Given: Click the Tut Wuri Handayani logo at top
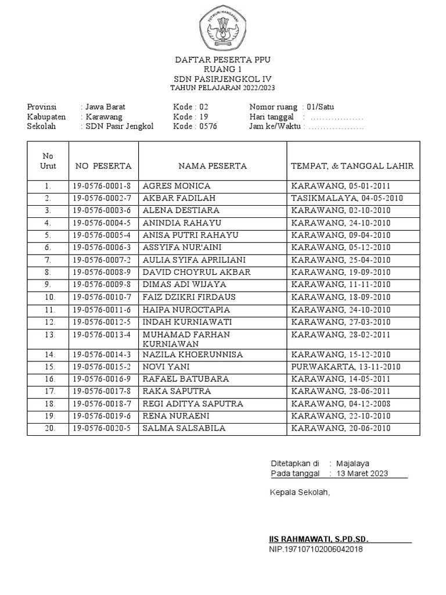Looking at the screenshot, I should click(x=223, y=28).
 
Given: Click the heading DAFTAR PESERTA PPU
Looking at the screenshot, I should click(x=223, y=60).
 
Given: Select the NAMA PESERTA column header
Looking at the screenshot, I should click(x=213, y=166).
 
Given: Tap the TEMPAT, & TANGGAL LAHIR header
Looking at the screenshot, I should click(x=352, y=166).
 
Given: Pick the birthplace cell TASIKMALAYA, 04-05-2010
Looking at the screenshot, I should click(x=347, y=198).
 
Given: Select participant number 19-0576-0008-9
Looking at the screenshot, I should click(x=102, y=272).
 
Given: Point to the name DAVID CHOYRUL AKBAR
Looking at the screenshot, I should click(x=189, y=272).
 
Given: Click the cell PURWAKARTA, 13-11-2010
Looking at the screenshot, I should click(x=346, y=367).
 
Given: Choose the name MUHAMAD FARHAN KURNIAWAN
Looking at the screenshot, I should click(x=186, y=339).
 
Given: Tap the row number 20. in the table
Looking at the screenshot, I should click(x=48, y=428).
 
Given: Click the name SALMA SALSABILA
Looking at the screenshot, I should click(x=184, y=428).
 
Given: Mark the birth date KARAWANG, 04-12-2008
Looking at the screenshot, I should click(x=341, y=403).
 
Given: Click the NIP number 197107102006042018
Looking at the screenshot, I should click(x=316, y=549).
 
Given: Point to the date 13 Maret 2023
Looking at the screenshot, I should click(x=362, y=474).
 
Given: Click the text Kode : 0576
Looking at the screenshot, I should click(x=195, y=126).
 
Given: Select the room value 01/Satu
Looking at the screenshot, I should click(x=321, y=107).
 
